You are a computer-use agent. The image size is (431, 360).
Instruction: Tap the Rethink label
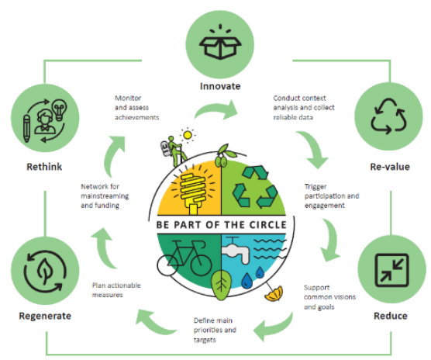click(44, 167)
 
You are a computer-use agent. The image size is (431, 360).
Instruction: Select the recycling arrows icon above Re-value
click(388, 116)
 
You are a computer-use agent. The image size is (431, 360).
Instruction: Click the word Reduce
click(391, 316)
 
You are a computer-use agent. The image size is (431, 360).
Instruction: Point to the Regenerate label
click(45, 316)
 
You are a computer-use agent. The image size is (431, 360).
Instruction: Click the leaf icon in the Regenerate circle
click(46, 272)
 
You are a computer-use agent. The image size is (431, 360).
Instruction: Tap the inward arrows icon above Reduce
click(391, 270)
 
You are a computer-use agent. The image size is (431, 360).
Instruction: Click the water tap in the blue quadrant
click(235, 250)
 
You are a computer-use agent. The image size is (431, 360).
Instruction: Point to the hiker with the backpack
click(174, 151)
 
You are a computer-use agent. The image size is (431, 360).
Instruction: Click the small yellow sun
click(188, 135)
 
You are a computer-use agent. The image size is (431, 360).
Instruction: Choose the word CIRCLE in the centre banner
click(267, 225)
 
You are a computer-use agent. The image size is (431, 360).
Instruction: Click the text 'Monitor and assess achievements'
click(137, 108)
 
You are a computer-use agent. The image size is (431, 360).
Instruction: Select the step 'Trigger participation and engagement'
click(332, 196)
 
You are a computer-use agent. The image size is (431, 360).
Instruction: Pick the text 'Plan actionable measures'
click(116, 290)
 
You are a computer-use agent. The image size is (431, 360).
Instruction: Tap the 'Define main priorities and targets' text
click(215, 330)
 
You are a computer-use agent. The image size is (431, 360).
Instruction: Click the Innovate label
click(220, 86)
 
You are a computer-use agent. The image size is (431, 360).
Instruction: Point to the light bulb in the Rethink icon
click(60, 109)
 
